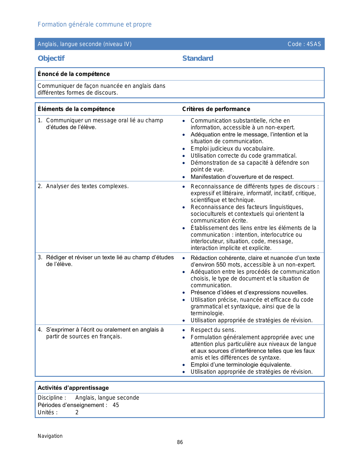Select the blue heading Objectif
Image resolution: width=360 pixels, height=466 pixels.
tap(51, 58)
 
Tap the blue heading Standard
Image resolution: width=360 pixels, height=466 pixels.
tap(198, 58)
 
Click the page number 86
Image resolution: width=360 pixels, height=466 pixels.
tap(180, 442)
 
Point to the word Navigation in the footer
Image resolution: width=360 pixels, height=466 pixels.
tap(50, 436)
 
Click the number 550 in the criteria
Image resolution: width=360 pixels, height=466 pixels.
tap(221, 265)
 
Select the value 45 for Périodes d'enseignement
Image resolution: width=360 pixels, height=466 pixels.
tap(116, 405)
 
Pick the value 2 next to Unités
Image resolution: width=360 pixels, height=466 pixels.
tap(77, 413)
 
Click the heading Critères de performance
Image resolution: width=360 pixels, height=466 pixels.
tap(216, 109)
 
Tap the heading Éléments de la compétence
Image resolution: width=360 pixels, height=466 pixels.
tap(76, 109)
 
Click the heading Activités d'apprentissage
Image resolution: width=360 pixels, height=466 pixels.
tap(73, 388)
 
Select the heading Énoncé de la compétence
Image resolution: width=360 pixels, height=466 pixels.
tap(74, 74)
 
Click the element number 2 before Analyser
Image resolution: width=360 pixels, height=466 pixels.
tap(40, 186)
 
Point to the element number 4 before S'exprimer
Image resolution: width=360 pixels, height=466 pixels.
tap(40, 330)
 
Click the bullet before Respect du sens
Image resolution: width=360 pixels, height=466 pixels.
tap(184, 330)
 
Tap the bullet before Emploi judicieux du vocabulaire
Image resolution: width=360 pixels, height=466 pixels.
tap(184, 149)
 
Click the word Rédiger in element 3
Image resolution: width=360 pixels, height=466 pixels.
tap(56, 257)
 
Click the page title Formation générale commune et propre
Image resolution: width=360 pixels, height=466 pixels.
tap(95, 25)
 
